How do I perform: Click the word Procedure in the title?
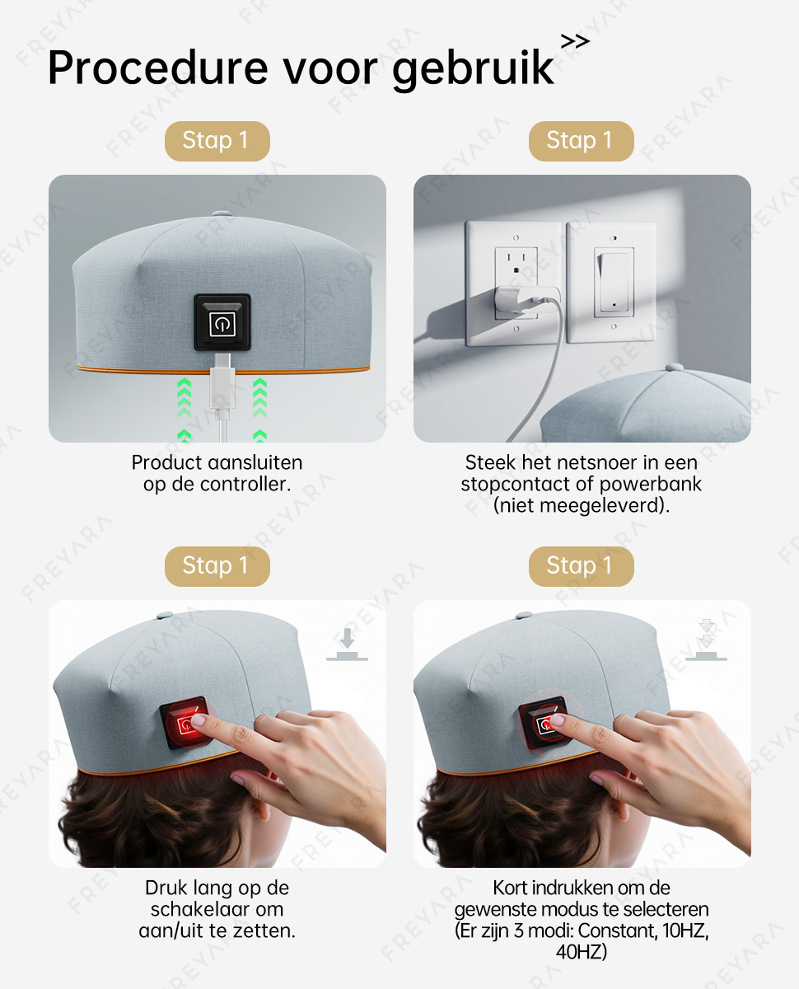158,68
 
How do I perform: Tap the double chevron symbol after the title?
575,42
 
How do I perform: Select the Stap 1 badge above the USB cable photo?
217,141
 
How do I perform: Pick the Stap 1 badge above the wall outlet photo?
581,141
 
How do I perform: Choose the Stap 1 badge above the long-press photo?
217,566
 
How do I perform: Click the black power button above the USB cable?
222,321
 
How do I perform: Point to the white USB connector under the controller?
222,382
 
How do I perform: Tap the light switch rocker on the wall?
614,282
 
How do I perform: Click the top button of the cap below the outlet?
675,368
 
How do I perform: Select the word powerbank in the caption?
651,485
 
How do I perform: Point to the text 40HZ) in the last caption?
582,952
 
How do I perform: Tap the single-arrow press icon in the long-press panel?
347,644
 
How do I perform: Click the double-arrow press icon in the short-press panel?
706,640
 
